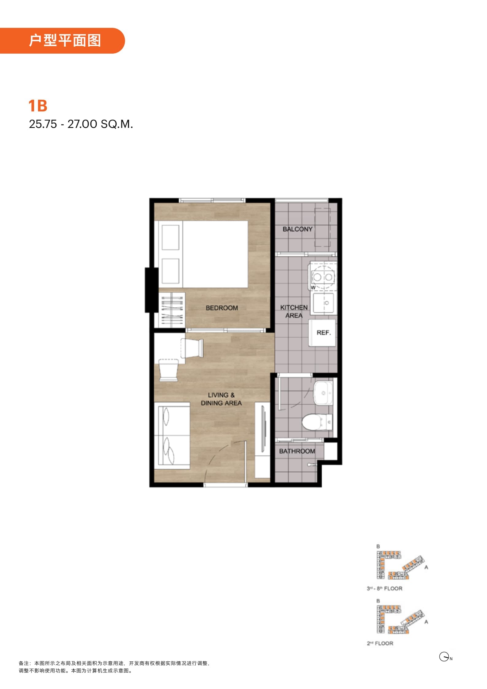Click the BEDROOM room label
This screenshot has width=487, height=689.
[222, 308]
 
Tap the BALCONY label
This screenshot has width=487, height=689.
[297, 229]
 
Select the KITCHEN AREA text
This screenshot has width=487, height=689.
[294, 311]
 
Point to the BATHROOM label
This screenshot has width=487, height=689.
[297, 451]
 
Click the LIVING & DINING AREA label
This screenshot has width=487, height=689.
[221, 399]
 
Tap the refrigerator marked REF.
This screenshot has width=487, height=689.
[322, 333]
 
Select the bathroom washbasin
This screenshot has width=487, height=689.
[323, 393]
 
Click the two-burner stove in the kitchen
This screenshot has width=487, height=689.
[323, 277]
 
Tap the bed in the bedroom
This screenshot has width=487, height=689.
[203, 254]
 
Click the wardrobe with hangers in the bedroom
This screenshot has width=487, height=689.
[172, 310]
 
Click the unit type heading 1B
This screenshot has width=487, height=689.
[38, 106]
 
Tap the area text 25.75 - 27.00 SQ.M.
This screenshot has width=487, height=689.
[81, 124]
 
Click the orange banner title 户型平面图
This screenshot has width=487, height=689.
[65, 40]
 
